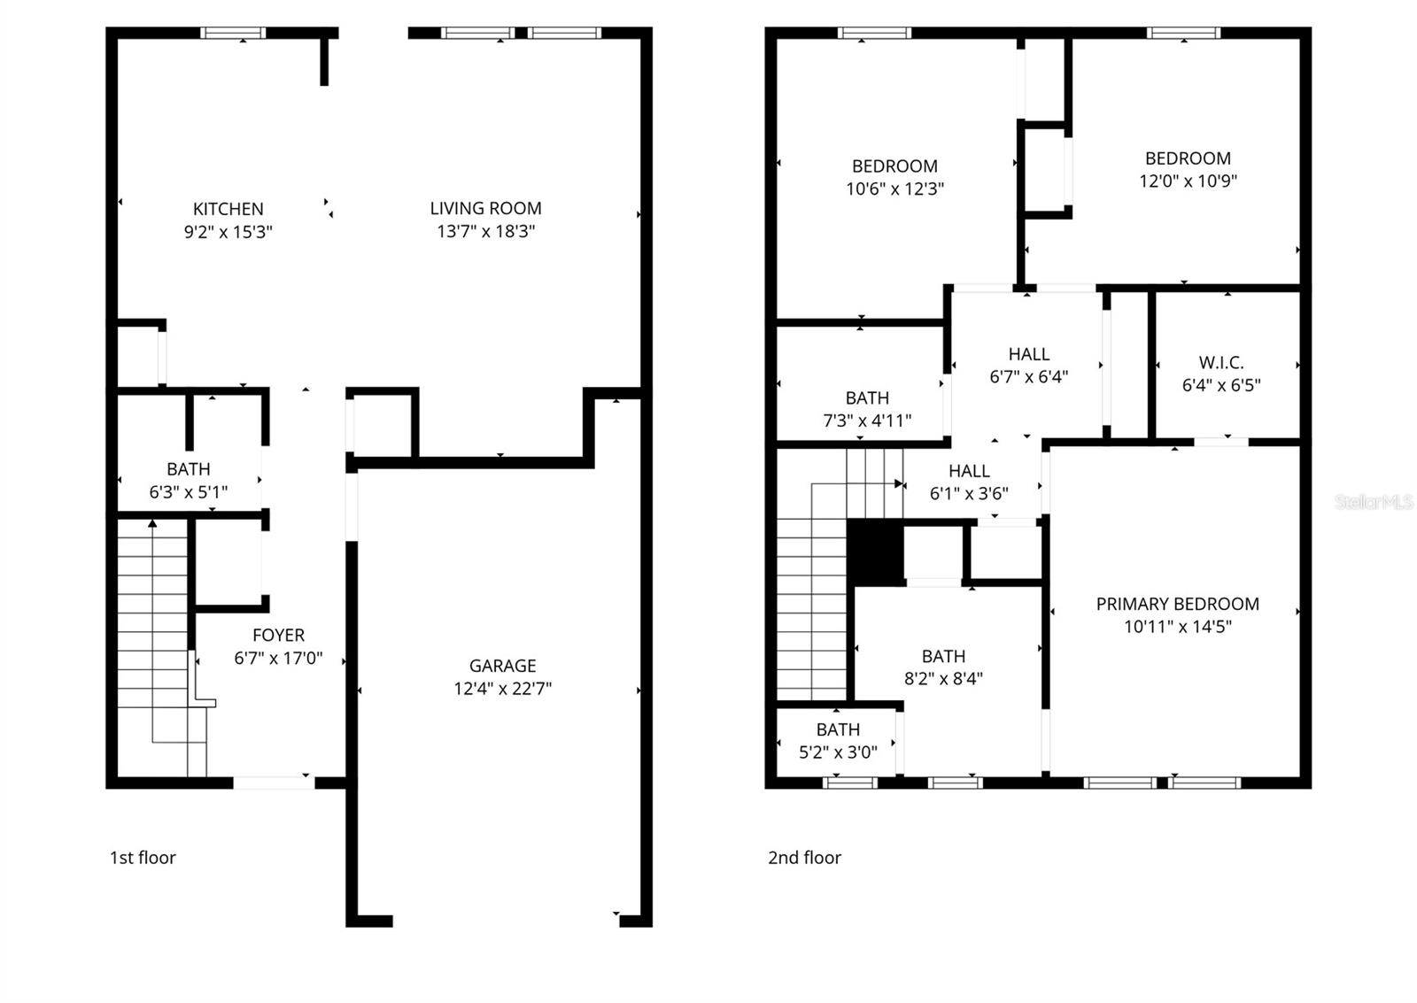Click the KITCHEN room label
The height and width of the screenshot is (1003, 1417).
pos(228,209)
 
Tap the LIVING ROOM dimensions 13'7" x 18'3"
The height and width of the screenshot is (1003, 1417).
pos(485,231)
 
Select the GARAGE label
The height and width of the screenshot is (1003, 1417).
pos(502,666)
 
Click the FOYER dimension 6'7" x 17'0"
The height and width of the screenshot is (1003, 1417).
pos(278,658)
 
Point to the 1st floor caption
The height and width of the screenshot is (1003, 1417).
pos(143,857)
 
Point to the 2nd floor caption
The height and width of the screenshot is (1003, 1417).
pos(804,857)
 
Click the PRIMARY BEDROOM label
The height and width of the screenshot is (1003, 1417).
pos(1177,604)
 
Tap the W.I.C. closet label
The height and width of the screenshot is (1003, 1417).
pos(1220,362)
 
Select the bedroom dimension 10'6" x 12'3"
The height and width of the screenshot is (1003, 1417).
pos(894,189)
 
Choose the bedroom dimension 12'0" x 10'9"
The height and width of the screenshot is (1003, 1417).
pos(1188,181)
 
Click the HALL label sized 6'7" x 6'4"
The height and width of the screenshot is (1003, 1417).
pos(1028,354)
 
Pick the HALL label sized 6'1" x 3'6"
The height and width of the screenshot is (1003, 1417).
pos(969,471)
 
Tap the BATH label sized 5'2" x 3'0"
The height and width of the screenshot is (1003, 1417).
pos(838,729)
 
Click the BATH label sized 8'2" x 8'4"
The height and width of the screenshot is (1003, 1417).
pos(943,656)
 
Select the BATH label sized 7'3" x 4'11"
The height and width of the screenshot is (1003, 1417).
pos(866,398)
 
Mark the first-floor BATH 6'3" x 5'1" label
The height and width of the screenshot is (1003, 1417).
pos(188,469)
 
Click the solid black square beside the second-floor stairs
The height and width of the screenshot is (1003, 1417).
pos(875,552)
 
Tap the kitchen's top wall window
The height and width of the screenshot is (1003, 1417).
pos(233,34)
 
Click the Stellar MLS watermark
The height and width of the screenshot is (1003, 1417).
pos(1374,502)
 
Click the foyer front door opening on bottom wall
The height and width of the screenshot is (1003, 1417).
pos(273,783)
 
